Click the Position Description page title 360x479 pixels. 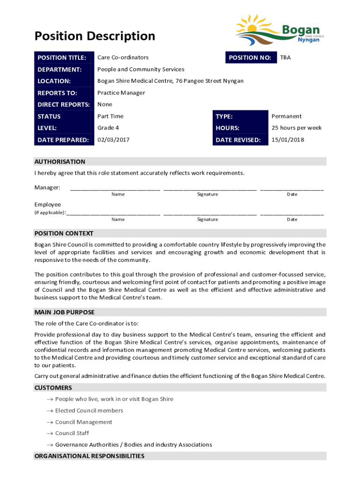coord(94,36)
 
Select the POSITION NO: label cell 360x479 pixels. coord(250,58)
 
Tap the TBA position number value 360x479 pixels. coord(285,58)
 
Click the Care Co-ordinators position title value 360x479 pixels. coord(122,58)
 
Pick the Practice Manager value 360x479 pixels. coord(121,93)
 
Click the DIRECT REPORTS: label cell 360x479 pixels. coord(64,104)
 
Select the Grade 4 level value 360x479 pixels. coord(108,128)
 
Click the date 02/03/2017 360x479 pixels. coord(113,139)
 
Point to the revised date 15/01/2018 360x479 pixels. coord(287,139)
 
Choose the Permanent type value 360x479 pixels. coord(287,116)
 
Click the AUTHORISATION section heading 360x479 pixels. coord(60,161)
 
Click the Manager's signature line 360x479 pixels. coord(210,189)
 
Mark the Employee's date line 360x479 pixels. coord(292,214)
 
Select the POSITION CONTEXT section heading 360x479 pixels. coord(64,233)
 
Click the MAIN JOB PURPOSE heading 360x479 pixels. coord(65,312)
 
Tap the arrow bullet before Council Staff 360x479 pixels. coord(49,434)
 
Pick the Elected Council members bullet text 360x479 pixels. coord(89,411)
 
